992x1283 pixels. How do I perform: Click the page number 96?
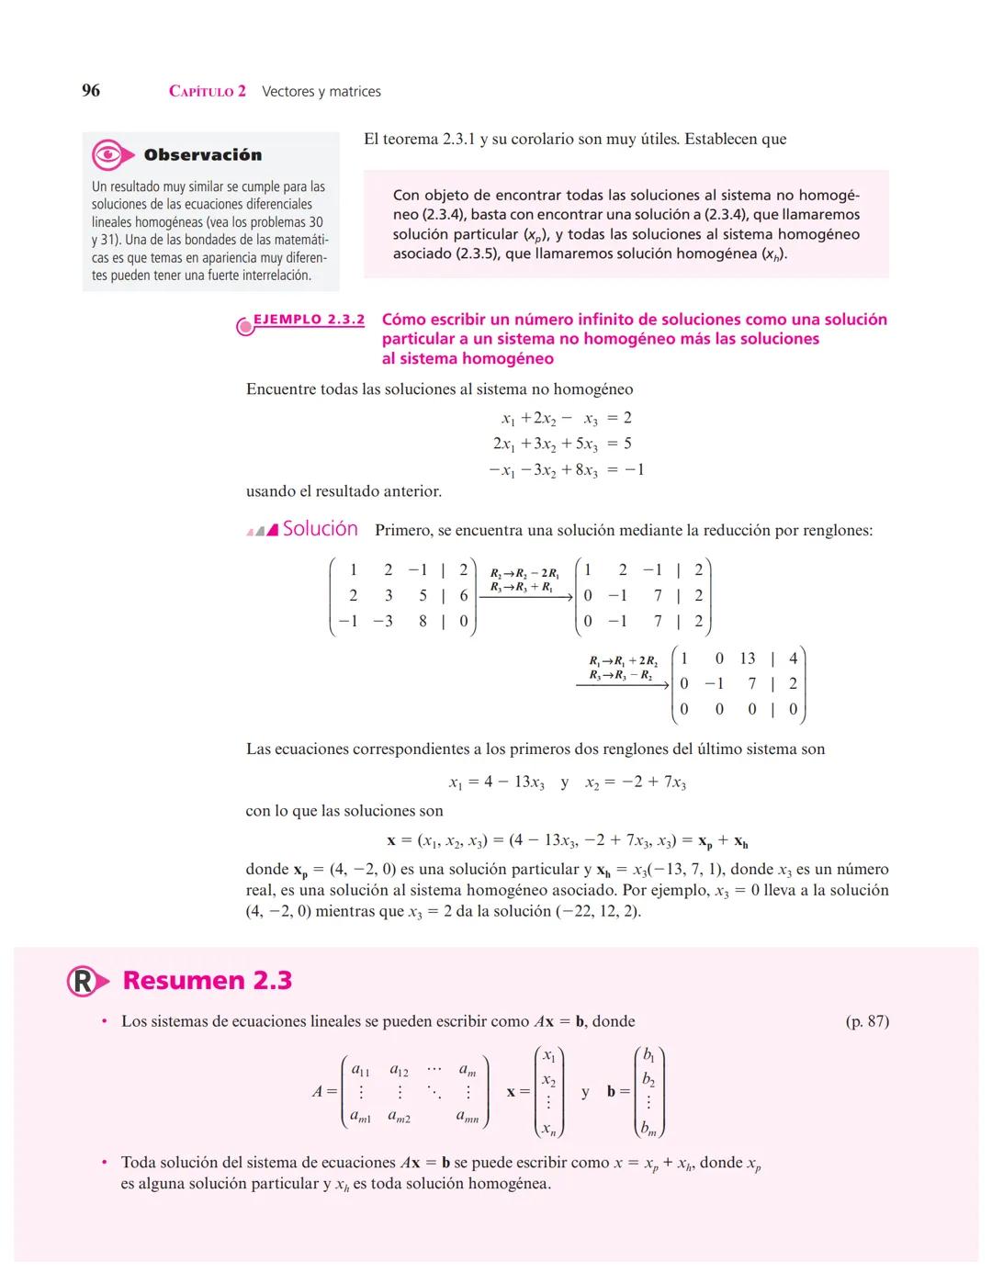pyautogui.click(x=91, y=90)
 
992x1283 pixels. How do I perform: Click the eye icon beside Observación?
pyautogui.click(x=108, y=154)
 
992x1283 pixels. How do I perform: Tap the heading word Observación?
pyautogui.click(x=202, y=155)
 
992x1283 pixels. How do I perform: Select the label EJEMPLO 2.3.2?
pyautogui.click(x=309, y=320)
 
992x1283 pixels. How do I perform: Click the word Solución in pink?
pyautogui.click(x=320, y=529)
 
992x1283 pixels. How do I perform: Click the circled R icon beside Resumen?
pyautogui.click(x=82, y=981)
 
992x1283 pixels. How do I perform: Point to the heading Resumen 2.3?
pyautogui.click(x=207, y=981)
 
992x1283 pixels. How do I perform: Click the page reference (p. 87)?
pyautogui.click(x=866, y=1021)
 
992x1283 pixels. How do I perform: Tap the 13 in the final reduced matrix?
pyautogui.click(x=748, y=658)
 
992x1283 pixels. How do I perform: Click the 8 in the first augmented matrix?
pyautogui.click(x=423, y=621)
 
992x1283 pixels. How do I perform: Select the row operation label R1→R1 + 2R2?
pyautogui.click(x=623, y=661)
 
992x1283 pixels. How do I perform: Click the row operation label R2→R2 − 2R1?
pyautogui.click(x=524, y=573)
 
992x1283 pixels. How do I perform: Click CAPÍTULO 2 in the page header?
pyautogui.click(x=208, y=91)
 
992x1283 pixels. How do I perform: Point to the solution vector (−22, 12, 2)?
pyautogui.click(x=598, y=911)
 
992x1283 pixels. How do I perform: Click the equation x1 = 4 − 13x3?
pyautogui.click(x=496, y=782)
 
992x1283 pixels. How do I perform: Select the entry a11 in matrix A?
pyautogui.click(x=360, y=1071)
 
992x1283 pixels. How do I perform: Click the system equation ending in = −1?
pyautogui.click(x=566, y=470)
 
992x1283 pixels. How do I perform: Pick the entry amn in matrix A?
pyautogui.click(x=468, y=1117)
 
